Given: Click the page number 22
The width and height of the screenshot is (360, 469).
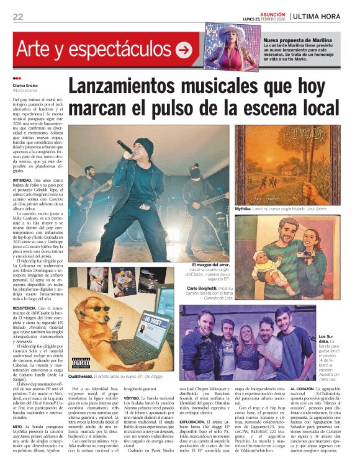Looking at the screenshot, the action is (17, 17).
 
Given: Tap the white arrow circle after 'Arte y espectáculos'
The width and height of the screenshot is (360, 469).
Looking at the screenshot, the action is (184, 49).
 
